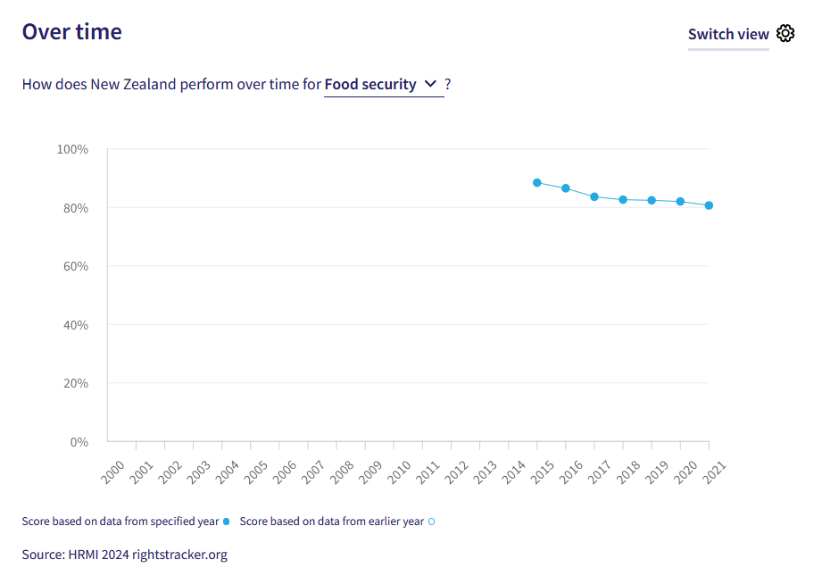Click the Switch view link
728,34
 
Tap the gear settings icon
785,34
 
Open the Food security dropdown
383,84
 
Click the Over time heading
72,31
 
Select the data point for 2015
537,182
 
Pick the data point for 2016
566,188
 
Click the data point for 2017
594,196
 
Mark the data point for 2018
623,199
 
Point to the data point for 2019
652,200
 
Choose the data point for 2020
680,202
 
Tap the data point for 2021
709,205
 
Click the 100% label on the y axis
72,149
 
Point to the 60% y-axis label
74,266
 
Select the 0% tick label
79,442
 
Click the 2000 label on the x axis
114,472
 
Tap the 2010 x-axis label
401,472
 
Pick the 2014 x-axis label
515,472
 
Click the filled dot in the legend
227,522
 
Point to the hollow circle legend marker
432,522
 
